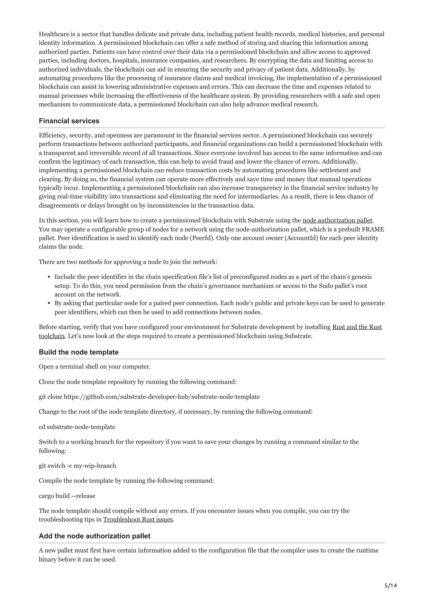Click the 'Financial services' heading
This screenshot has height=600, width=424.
[x=69, y=121]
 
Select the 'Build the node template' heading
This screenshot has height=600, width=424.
[x=79, y=352]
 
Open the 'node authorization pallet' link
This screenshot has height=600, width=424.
[x=337, y=220]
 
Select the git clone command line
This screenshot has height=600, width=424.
[x=149, y=397]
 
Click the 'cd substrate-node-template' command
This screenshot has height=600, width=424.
[x=77, y=427]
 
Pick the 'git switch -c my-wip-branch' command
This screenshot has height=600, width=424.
[x=78, y=466]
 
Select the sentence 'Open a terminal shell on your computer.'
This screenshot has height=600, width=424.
[x=95, y=366]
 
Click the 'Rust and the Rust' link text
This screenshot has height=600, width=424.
[x=357, y=327]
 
